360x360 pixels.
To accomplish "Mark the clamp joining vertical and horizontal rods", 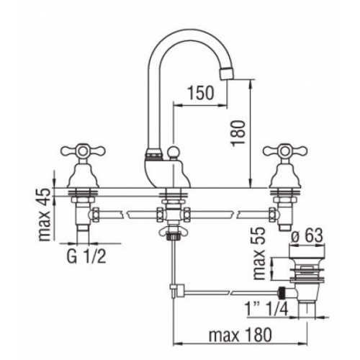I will (173, 291).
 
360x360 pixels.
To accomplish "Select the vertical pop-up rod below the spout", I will (173, 263).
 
